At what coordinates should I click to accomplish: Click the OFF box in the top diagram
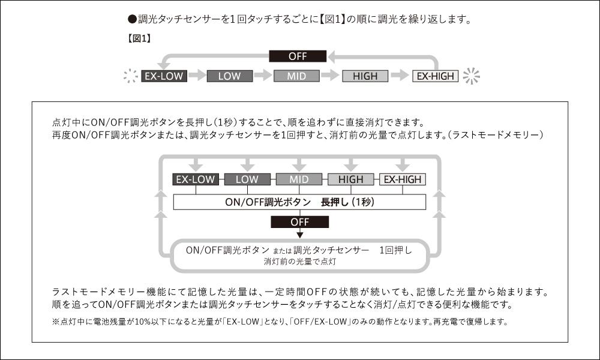298,56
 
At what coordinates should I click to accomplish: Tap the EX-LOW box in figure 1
164,76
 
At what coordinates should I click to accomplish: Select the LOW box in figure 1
230,76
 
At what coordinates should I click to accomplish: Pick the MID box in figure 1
296,76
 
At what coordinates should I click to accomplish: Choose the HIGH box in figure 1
365,76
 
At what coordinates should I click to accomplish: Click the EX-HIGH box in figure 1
435,76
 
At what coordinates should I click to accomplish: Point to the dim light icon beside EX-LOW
130,76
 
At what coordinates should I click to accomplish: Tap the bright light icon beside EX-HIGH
471,76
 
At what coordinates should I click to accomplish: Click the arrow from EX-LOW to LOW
197,76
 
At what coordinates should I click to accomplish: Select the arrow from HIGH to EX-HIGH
400,76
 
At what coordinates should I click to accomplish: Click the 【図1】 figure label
139,38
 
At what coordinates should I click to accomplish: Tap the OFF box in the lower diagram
299,222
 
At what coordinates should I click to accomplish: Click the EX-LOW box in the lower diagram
196,179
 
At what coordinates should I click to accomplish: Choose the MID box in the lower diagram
299,179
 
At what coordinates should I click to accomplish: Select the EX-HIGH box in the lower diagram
403,179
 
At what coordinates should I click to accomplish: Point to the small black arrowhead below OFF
300,235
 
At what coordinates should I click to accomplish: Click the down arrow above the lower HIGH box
351,164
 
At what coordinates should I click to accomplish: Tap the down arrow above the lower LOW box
247,164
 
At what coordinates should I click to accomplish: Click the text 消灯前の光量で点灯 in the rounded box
300,262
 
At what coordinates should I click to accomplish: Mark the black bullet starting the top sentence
132,19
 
